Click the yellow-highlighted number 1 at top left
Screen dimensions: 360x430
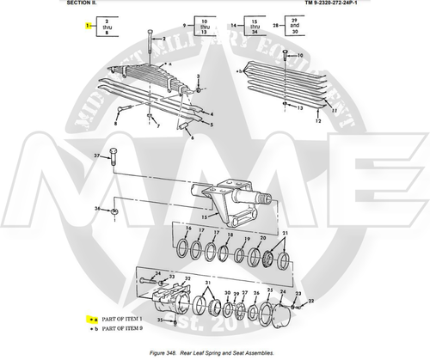[87, 26]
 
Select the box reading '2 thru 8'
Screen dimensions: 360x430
[107, 27]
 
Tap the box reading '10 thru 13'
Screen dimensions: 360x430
[203, 26]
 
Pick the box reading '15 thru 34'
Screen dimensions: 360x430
[254, 26]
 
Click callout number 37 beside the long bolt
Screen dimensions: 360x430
[97, 156]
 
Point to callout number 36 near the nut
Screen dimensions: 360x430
[99, 209]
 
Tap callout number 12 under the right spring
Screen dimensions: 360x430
[316, 122]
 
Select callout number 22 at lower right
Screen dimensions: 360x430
[311, 300]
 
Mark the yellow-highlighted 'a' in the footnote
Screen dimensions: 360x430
[90, 318]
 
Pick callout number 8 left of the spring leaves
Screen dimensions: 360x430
[115, 123]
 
